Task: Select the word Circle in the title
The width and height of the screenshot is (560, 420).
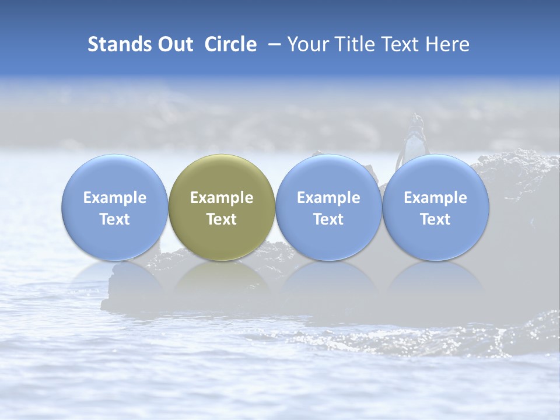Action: tap(230, 44)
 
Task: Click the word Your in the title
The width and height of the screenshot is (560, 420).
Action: tap(306, 44)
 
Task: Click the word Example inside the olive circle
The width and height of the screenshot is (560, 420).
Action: tap(222, 198)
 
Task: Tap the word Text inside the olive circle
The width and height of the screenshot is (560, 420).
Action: tap(222, 219)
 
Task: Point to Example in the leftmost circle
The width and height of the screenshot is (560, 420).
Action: tap(114, 198)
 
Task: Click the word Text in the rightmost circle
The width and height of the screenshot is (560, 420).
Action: tap(435, 219)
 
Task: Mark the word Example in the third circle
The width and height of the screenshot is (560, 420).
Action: tap(328, 198)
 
